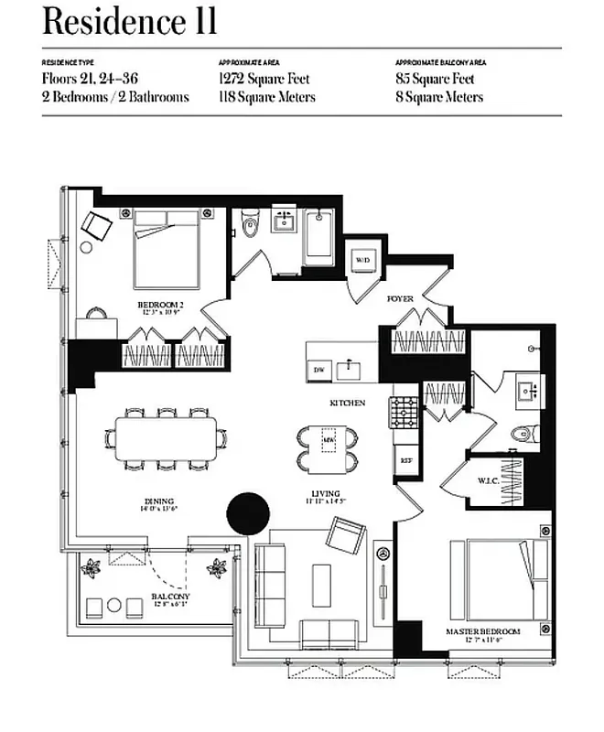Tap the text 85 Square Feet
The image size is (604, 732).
click(x=435, y=79)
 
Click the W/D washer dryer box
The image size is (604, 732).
click(x=362, y=260)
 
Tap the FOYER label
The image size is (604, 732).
click(x=400, y=298)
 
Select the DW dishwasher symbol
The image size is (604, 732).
click(x=318, y=369)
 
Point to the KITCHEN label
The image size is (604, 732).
click(x=348, y=403)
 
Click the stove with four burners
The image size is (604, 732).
click(x=404, y=413)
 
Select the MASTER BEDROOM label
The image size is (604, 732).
click(x=483, y=631)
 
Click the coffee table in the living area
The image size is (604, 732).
click(x=321, y=585)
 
